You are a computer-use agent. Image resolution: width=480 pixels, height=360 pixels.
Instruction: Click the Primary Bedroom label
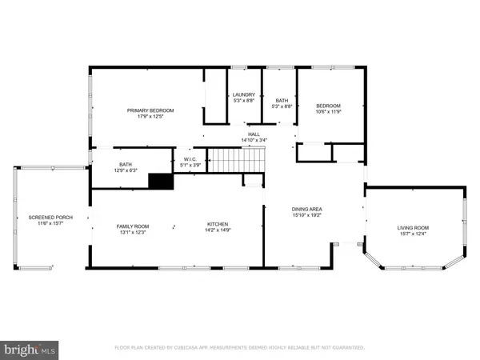(151, 110)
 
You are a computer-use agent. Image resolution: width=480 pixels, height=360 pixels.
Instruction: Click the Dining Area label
(306, 209)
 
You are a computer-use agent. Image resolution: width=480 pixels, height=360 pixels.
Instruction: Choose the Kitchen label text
(219, 224)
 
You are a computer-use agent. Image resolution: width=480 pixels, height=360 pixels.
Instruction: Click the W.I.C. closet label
(190, 158)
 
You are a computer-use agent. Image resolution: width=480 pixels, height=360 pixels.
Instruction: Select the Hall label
(254, 134)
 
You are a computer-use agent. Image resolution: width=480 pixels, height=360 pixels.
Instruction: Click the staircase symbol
(235, 161)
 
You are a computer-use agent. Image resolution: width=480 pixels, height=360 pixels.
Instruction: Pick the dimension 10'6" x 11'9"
(328, 112)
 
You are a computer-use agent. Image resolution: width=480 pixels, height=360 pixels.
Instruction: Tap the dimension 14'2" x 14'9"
(219, 230)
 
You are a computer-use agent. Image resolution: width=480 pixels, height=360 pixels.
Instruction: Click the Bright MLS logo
(30, 349)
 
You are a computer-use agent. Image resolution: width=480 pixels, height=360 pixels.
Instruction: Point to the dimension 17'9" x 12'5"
(151, 117)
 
